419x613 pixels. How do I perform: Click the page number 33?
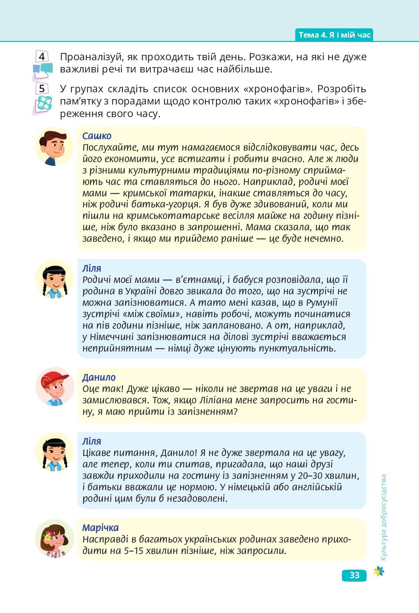pyautogui.click(x=354, y=575)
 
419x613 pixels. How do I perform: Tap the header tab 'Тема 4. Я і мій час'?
pyautogui.click(x=334, y=35)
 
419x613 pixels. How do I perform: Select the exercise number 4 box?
pyautogui.click(x=42, y=57)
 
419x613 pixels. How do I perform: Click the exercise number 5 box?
pyautogui.click(x=42, y=88)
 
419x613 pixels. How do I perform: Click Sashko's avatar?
pyautogui.click(x=54, y=147)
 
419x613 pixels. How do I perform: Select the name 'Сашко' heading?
pyautogui.click(x=97, y=136)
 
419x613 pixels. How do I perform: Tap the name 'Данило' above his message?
pyautogui.click(x=99, y=377)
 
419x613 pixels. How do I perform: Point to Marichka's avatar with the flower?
pyautogui.click(x=54, y=538)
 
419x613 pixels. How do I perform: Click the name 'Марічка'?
pyautogui.click(x=100, y=528)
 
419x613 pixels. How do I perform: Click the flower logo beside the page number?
pyautogui.click(x=379, y=571)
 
